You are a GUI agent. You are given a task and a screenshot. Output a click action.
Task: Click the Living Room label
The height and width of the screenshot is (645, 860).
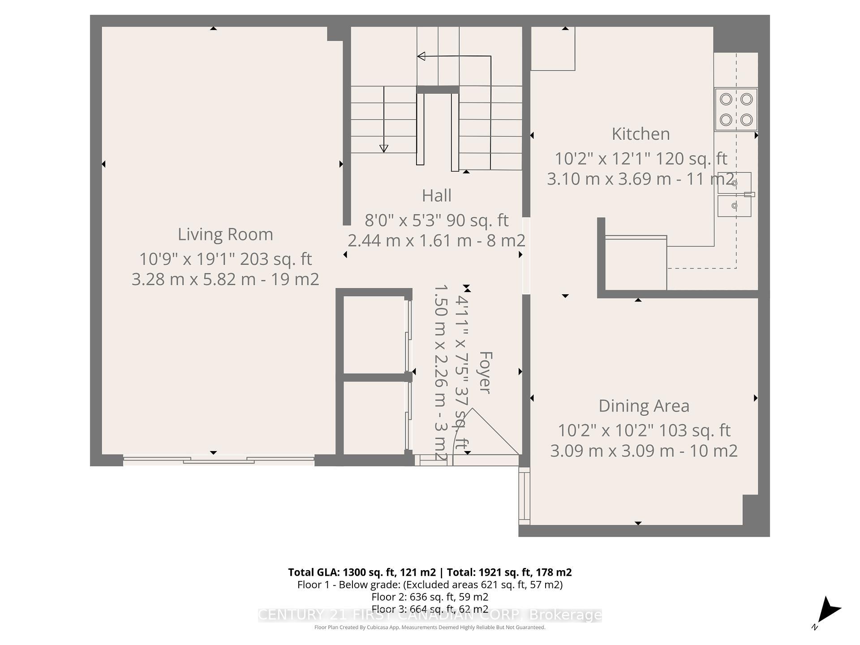[225, 234]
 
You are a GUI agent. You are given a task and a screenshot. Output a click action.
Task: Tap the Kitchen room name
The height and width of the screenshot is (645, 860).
[641, 134]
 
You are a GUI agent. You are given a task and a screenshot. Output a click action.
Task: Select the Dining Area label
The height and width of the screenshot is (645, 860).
[644, 406]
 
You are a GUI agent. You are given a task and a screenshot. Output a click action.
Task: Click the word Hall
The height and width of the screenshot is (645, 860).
[436, 196]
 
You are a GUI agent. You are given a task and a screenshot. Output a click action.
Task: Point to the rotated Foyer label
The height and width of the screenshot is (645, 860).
[485, 373]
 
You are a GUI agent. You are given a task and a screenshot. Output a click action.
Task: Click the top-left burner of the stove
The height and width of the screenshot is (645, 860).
[726, 99]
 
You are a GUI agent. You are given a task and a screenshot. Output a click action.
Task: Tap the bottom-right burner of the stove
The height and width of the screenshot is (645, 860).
[746, 120]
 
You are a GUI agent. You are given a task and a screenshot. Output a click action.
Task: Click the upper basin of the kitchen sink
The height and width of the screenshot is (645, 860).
[734, 183]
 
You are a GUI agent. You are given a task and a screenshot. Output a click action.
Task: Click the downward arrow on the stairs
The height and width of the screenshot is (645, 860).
[383, 148]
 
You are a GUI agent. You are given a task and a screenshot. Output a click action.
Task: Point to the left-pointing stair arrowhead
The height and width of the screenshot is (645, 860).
[421, 56]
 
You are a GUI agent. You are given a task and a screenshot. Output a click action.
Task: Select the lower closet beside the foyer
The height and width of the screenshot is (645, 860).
[374, 417]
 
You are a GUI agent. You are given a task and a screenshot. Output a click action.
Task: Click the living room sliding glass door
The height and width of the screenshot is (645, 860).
[219, 460]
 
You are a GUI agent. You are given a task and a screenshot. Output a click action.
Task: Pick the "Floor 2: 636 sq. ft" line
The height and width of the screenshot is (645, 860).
[430, 597]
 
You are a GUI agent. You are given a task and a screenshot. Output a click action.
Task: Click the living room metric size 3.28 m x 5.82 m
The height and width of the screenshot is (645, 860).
[193, 279]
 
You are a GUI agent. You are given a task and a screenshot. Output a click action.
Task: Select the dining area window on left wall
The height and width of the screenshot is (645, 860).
[524, 495]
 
